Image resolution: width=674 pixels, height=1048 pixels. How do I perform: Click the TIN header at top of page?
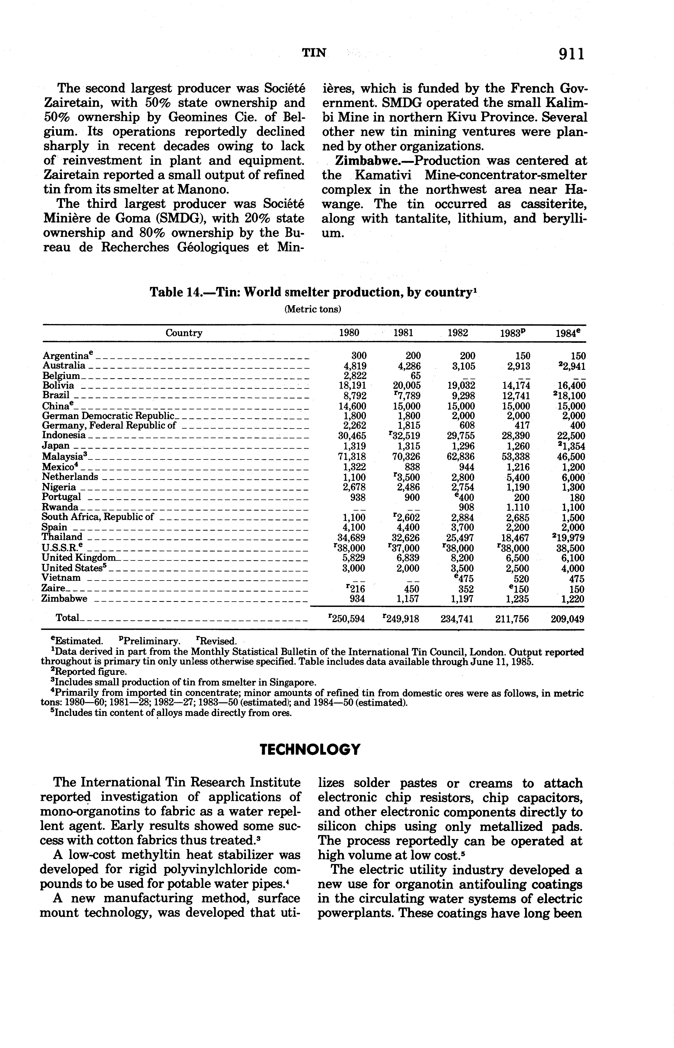(x=314, y=53)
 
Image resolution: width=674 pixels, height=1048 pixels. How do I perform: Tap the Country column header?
(x=184, y=333)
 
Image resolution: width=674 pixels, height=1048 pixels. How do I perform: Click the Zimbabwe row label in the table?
(x=64, y=599)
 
